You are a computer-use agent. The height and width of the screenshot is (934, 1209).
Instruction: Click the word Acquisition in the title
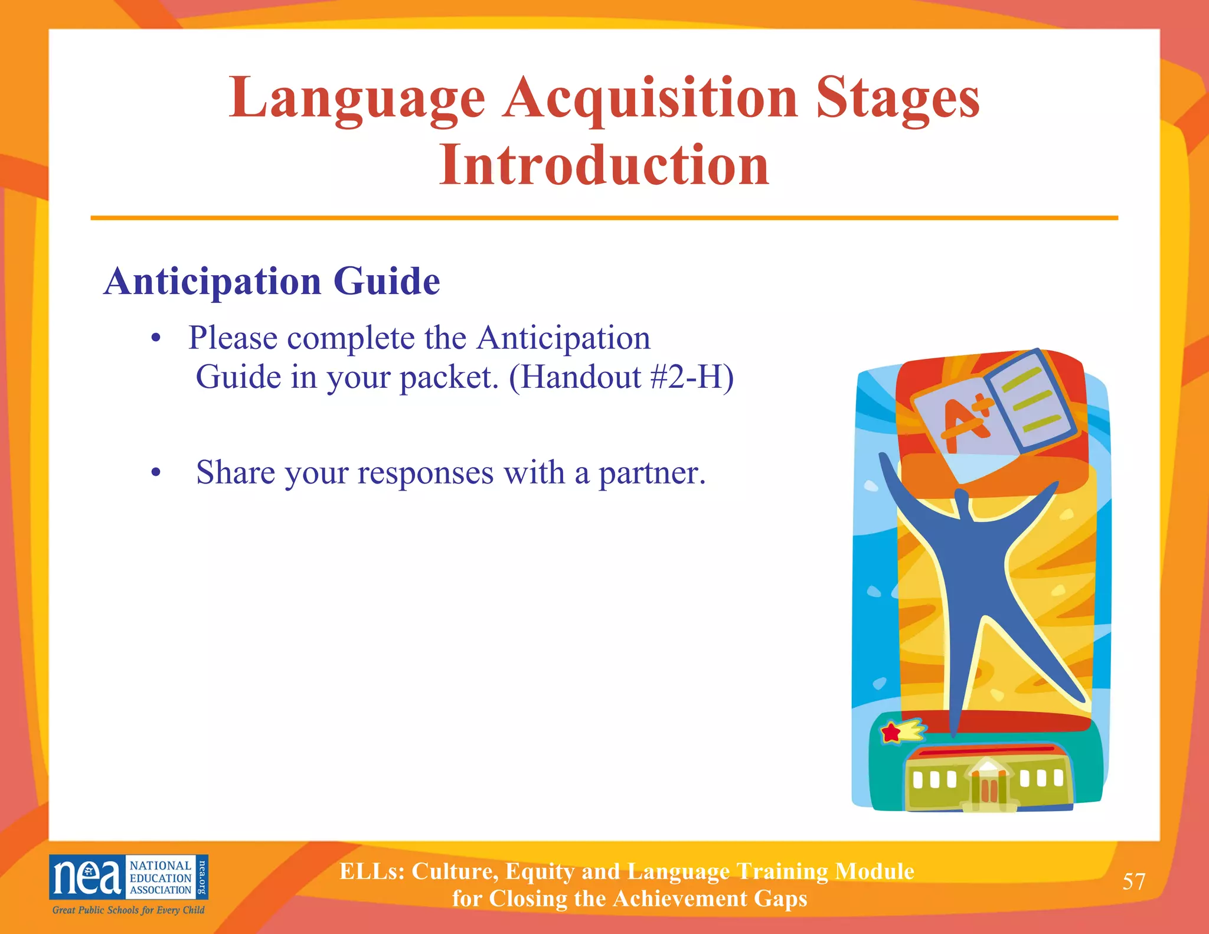tap(651, 99)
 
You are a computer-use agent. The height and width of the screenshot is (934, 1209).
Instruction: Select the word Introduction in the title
tap(604, 165)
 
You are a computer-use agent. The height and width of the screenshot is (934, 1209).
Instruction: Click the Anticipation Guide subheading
tap(272, 281)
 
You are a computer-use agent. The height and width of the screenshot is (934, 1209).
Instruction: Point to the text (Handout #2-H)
tap(621, 377)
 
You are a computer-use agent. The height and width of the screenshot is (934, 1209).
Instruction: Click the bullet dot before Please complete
tap(156, 339)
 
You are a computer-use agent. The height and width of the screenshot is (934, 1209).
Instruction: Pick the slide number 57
tap(1133, 881)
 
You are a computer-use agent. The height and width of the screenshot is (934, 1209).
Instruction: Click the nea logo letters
tap(87, 877)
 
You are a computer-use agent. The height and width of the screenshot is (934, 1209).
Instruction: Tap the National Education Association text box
tap(160, 877)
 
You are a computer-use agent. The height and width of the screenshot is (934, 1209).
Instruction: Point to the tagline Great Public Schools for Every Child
tap(128, 910)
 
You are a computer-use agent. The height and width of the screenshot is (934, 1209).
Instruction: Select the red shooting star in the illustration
tap(891, 733)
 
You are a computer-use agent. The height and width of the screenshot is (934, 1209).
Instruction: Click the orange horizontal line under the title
tap(604, 218)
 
